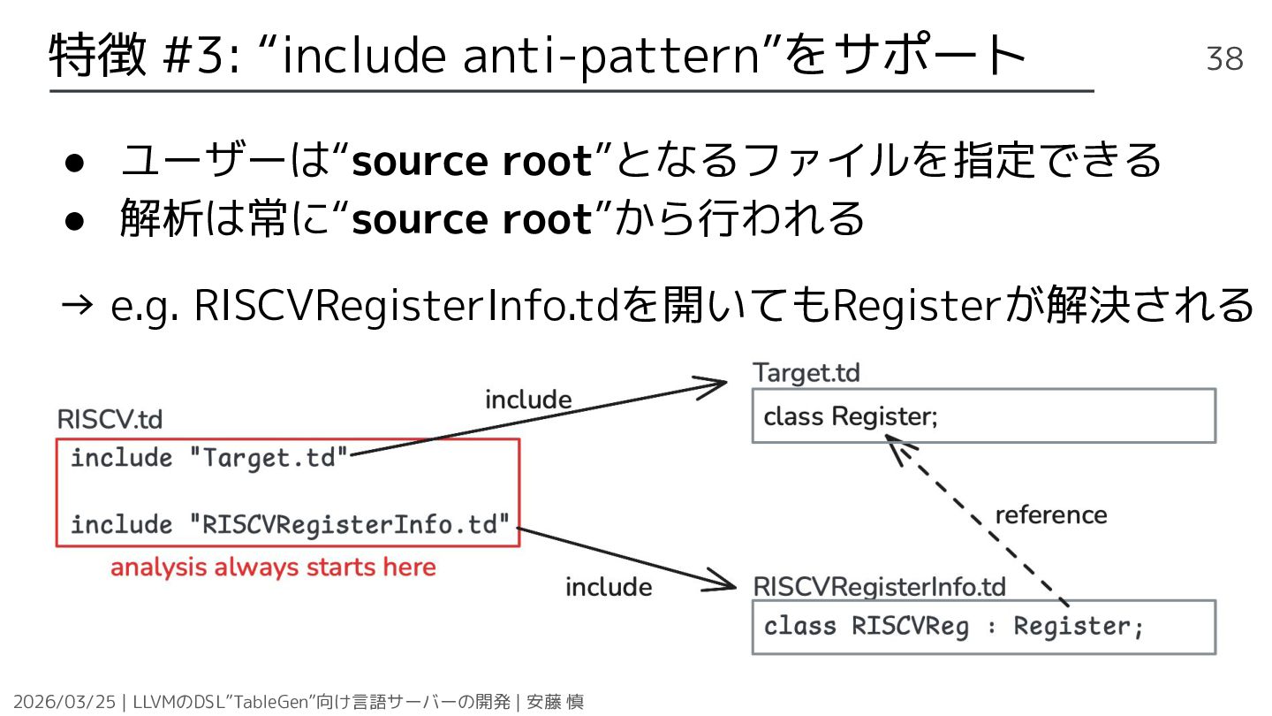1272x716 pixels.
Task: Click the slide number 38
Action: tap(1224, 59)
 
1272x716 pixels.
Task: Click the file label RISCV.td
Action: tap(110, 419)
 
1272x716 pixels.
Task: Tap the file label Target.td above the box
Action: tap(806, 372)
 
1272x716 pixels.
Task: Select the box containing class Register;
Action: tap(983, 415)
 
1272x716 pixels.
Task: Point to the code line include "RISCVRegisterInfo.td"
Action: tap(291, 524)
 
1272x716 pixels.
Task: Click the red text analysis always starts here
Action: tap(273, 567)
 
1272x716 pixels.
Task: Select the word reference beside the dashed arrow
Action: tap(1050, 514)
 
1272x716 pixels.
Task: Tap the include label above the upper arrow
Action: tap(528, 400)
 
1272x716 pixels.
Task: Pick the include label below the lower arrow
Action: tap(609, 586)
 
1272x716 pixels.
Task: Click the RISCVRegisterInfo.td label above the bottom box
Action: tap(879, 586)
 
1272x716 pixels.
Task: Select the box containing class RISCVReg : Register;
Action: tap(983, 627)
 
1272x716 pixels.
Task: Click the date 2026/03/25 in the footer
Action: tap(64, 702)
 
